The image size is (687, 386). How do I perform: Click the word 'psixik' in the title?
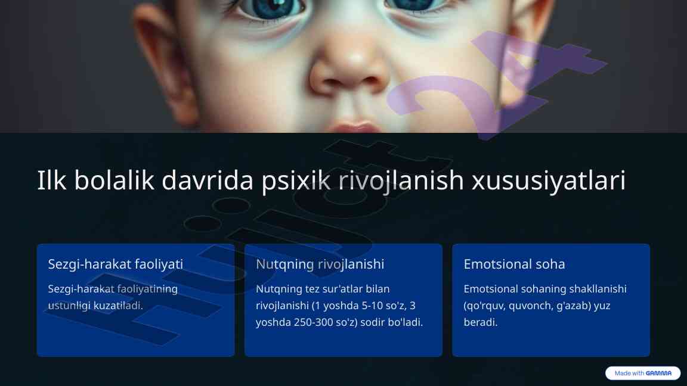(296, 180)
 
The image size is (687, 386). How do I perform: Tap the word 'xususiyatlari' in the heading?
(549, 180)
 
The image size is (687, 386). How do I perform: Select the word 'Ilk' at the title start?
(52, 179)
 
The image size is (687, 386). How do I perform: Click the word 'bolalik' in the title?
(114, 179)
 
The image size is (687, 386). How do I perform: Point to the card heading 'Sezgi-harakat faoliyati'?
(115, 264)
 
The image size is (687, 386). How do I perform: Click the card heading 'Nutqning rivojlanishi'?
(320, 264)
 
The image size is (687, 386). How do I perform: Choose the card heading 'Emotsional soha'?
(515, 264)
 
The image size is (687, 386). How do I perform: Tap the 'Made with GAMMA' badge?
(643, 373)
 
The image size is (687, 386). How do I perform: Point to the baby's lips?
(354, 127)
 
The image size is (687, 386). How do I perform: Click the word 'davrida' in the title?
(208, 179)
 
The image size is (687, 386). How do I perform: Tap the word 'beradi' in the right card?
(480, 322)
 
